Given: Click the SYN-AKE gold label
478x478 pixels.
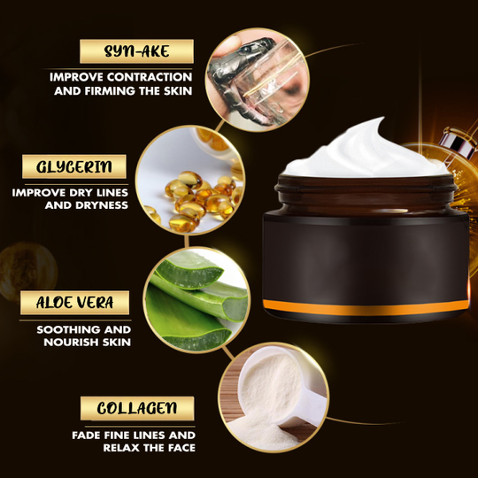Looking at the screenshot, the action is point(136,51).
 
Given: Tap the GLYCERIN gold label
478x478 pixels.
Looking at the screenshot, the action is point(74,166).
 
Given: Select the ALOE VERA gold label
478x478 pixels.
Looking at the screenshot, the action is point(74,303).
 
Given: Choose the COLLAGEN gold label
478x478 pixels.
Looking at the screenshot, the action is point(137,408).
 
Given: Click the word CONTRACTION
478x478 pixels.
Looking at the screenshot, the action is point(150,77).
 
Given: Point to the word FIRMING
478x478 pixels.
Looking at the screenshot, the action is point(110,91).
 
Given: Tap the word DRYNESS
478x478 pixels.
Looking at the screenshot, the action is point(102,205).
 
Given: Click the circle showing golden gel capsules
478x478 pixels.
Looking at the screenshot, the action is point(190,181).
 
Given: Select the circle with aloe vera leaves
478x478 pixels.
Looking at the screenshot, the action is point(197,300).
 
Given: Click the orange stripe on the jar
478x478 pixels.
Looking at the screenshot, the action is point(366,307).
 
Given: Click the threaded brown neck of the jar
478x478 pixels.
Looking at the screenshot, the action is point(366,194).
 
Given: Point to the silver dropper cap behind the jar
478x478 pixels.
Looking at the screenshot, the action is point(459,142).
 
